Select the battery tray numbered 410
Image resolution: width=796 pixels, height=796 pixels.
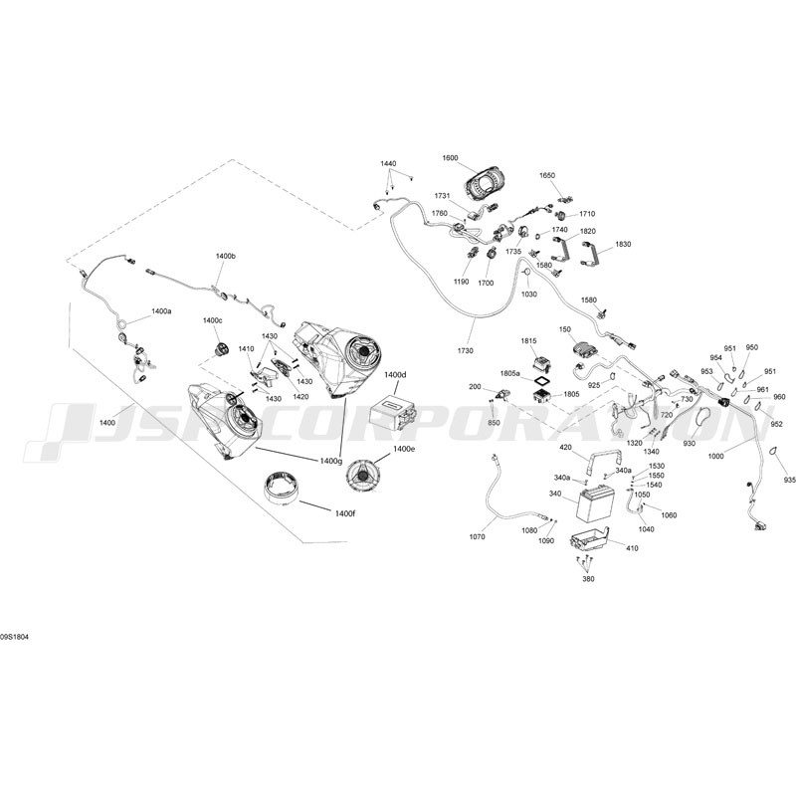[589, 538]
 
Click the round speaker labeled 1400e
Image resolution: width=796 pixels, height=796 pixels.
[363, 475]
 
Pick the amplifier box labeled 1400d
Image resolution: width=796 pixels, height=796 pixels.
[390, 410]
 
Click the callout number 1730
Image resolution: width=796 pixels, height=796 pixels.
[465, 351]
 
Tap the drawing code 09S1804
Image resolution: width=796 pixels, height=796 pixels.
[15, 637]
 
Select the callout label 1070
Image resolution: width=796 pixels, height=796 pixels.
[478, 536]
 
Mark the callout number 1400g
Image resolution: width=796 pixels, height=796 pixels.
[330, 461]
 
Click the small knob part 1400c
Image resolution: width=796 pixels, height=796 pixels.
[221, 348]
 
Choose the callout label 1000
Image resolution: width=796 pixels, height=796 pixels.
[715, 457]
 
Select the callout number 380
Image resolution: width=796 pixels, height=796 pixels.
[589, 579]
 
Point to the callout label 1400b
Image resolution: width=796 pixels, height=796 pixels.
[226, 257]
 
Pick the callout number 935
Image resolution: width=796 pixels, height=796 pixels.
[789, 480]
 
